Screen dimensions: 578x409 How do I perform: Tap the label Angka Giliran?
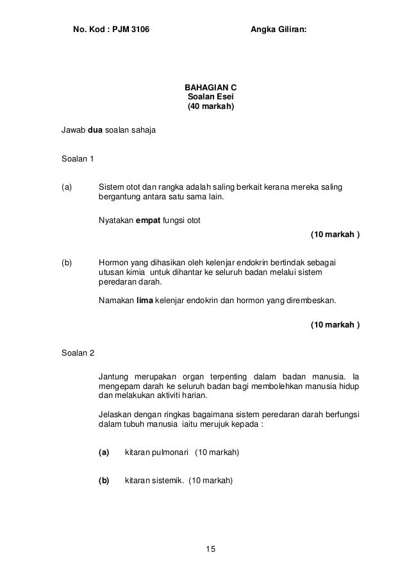tap(278, 29)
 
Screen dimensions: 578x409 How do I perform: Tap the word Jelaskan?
tap(115, 413)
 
